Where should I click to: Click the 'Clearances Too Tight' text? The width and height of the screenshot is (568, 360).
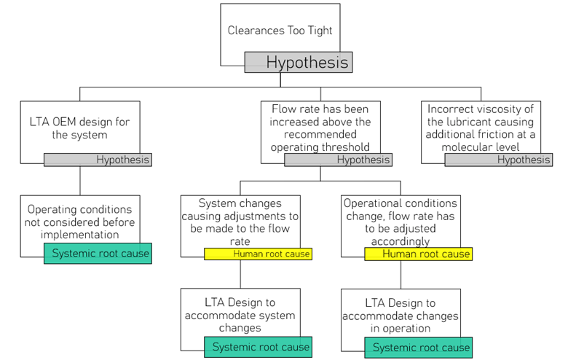[280, 31]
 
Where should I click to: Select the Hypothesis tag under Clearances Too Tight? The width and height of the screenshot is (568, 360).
[299, 62]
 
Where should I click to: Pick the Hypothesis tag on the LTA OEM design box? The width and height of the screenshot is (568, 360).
[98, 160]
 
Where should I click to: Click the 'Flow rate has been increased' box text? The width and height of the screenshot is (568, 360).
[320, 128]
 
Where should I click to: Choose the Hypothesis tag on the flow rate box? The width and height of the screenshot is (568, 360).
[338, 160]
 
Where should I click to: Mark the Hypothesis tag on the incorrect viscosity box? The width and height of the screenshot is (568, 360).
[498, 160]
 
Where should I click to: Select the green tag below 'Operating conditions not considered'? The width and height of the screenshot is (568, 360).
[98, 254]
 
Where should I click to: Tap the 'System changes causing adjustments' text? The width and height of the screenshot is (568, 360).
[240, 222]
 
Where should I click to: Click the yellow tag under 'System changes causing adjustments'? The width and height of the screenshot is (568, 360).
[258, 254]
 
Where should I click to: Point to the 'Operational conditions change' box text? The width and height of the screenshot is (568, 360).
[400, 222]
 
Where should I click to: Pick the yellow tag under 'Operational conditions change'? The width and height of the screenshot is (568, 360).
[418, 254]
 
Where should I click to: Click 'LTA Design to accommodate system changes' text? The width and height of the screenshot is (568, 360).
[240, 315]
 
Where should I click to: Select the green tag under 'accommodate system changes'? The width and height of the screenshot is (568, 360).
[258, 347]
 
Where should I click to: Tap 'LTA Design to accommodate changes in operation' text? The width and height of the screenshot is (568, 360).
[400, 315]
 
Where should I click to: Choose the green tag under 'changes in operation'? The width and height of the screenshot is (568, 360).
[418, 348]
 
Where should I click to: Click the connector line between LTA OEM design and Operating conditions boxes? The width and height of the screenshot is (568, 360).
[79, 181]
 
